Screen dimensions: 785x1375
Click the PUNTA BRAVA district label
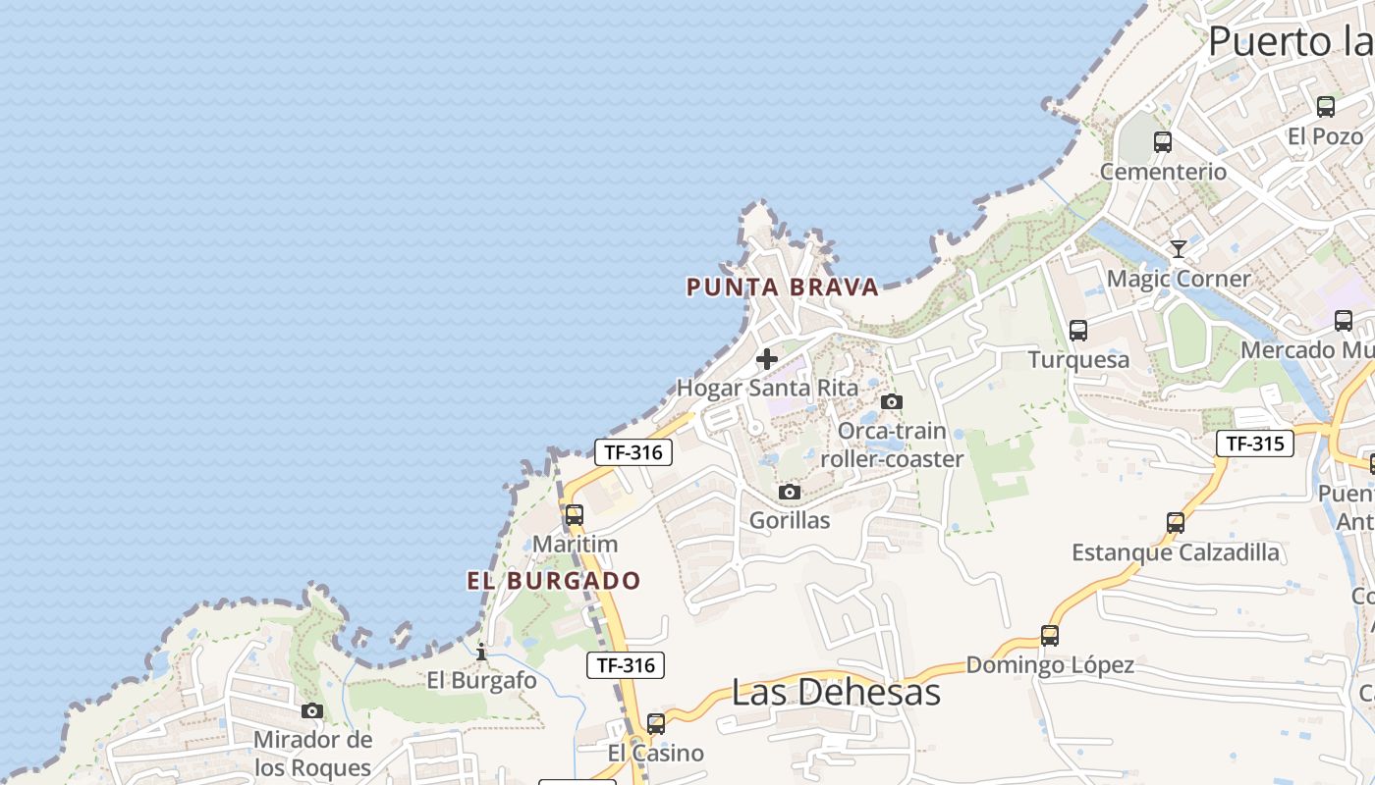pos(782,287)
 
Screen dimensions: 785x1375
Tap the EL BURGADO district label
pos(553,580)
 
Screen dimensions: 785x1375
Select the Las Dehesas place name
pos(836,692)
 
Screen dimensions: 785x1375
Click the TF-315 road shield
pos(1254,444)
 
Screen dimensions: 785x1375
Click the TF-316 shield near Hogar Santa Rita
pos(633,452)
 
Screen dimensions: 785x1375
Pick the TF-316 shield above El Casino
pos(626,665)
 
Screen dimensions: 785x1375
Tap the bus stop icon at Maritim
pos(575,515)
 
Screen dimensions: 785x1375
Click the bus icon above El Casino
pos(655,724)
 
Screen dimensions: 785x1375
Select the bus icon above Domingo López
pos(1050,636)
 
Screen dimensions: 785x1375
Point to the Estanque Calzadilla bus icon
pos(1176,523)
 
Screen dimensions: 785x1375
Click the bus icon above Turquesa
pos(1078,331)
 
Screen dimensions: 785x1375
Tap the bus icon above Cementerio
pos(1163,142)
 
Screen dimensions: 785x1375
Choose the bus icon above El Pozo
pos(1325,107)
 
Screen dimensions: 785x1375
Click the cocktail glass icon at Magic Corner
pos(1179,249)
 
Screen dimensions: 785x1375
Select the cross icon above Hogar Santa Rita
pos(767,359)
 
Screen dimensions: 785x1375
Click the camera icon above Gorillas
pos(790,492)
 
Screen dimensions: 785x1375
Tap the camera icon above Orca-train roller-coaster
pos(892,401)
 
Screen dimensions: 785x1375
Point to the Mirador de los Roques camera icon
pos(312,710)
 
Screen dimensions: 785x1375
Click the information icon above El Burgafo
pos(481,652)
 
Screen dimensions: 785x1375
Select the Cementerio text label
pos(1163,172)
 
